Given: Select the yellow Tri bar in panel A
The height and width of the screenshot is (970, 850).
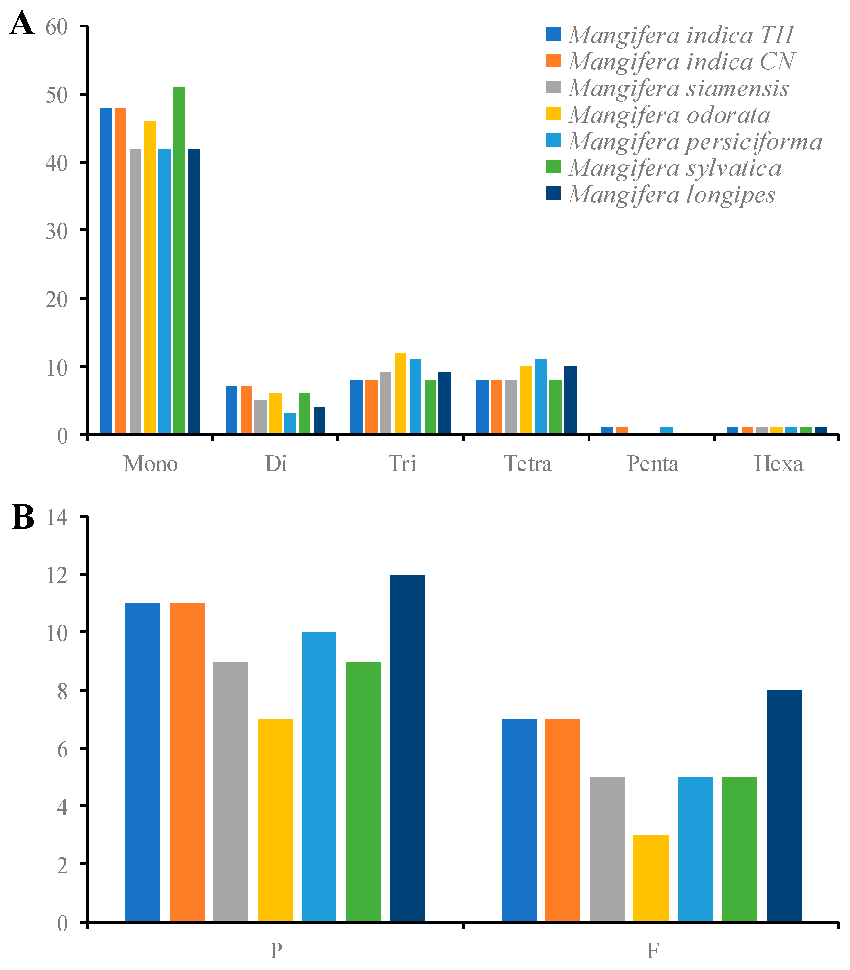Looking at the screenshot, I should tap(400, 393).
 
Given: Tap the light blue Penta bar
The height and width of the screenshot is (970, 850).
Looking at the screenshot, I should tap(666, 430).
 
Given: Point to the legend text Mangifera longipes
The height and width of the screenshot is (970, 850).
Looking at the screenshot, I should tap(672, 195).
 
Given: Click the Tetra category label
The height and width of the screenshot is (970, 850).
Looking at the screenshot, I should tap(528, 464).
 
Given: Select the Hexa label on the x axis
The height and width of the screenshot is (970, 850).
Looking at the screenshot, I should tap(778, 464).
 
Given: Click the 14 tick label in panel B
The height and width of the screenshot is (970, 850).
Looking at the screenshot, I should tap(57, 517).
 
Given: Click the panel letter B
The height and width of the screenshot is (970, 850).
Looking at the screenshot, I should tap(23, 517).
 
